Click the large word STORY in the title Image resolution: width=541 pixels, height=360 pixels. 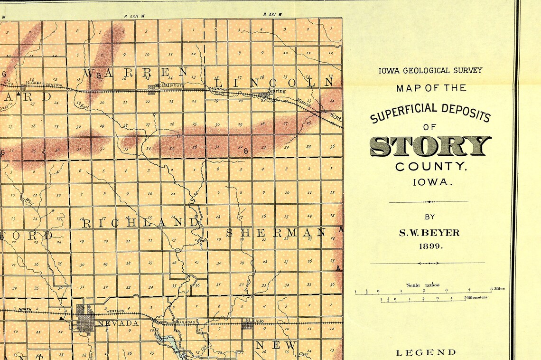click(430, 146)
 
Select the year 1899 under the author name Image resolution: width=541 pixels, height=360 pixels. click(429, 246)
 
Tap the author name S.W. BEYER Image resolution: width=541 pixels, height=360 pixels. click(429, 233)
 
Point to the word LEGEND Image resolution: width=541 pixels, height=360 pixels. click(426, 352)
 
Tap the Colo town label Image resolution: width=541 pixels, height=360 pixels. click(259, 321)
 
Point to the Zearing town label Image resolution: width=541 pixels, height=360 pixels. click(276, 91)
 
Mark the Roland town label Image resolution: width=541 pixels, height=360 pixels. click(34, 82)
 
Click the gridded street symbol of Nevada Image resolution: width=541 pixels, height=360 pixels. click(85, 318)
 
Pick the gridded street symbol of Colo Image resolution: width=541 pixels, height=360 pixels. click(247, 325)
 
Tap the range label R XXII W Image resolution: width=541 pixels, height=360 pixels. click(134, 16)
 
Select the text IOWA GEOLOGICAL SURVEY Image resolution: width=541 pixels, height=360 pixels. click(430, 70)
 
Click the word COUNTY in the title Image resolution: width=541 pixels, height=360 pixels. click(430, 167)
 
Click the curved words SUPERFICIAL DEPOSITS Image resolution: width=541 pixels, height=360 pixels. click(430, 112)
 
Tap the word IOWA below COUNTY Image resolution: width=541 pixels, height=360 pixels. click(430, 182)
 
